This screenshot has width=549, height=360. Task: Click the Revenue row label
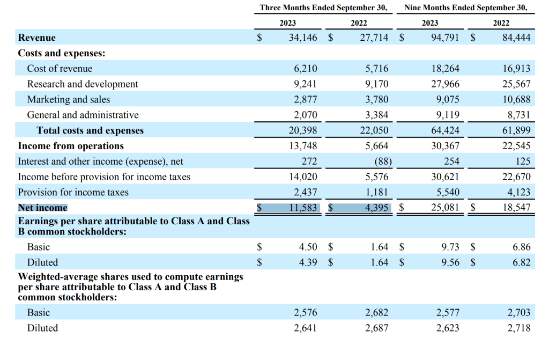coord(37,38)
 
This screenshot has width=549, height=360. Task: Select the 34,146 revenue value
coord(302,38)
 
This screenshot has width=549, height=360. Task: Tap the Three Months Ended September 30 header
coord(323,8)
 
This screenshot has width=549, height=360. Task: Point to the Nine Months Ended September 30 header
coord(465,8)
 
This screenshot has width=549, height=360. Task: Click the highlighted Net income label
coord(43,208)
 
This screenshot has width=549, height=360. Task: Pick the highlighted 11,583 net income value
coord(303,208)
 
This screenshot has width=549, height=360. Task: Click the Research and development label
coord(83,84)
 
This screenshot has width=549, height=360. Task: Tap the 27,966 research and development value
coord(445,84)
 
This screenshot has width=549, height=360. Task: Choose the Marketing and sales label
coord(69,99)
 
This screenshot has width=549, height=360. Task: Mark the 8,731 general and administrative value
coord(518,115)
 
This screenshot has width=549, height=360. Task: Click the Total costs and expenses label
coord(90,130)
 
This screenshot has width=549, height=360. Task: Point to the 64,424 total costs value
coord(445,130)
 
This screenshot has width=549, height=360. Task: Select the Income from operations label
coord(71,146)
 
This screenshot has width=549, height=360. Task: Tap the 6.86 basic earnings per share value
coord(521,247)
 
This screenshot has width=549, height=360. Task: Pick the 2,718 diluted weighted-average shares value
coord(518,328)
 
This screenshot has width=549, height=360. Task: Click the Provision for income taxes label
coord(73,192)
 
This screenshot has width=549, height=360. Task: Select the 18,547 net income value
coord(516,208)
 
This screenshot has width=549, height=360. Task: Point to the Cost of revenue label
coord(60,69)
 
